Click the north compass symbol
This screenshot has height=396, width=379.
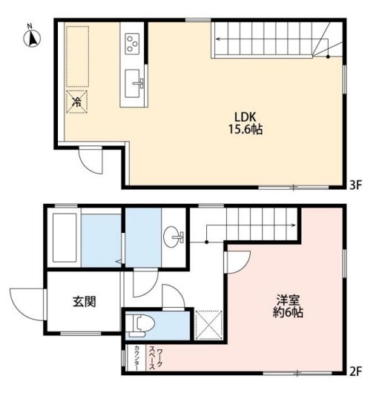(x=32, y=38)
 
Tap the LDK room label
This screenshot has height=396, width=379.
(x=245, y=117)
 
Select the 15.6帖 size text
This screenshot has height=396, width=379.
(x=245, y=129)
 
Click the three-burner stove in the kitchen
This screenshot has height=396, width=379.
(x=132, y=44)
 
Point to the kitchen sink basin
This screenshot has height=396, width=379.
(x=132, y=83)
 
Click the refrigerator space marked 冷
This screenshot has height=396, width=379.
(x=77, y=102)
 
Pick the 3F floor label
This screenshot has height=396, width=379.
(x=356, y=185)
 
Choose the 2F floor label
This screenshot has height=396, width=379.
(x=356, y=372)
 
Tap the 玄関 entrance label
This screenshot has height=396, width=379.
(x=85, y=301)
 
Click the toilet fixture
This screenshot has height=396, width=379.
(x=140, y=326)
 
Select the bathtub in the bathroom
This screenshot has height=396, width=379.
(x=65, y=237)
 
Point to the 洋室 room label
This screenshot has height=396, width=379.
(x=288, y=300)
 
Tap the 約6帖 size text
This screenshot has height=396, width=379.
(x=288, y=312)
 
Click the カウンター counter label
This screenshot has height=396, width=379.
(x=136, y=357)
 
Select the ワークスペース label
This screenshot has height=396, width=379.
(x=156, y=357)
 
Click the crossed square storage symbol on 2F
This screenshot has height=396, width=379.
(x=208, y=325)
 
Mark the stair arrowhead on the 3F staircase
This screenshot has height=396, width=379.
(x=217, y=39)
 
